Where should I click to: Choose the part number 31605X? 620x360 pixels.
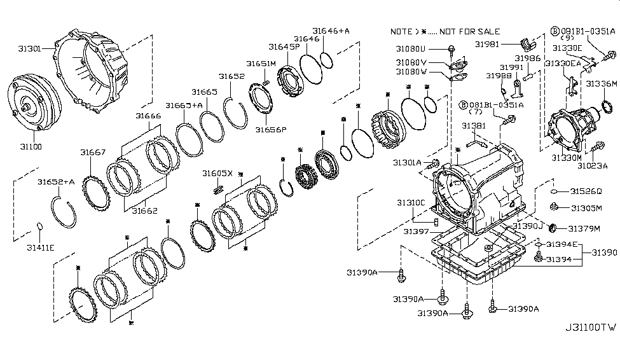pos(217,173)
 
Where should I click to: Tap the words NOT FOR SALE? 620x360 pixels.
pos(465,32)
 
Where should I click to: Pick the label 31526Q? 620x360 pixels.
pos(585,191)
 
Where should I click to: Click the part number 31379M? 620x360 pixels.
pos(584,228)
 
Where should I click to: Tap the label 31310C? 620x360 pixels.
pos(411,202)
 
